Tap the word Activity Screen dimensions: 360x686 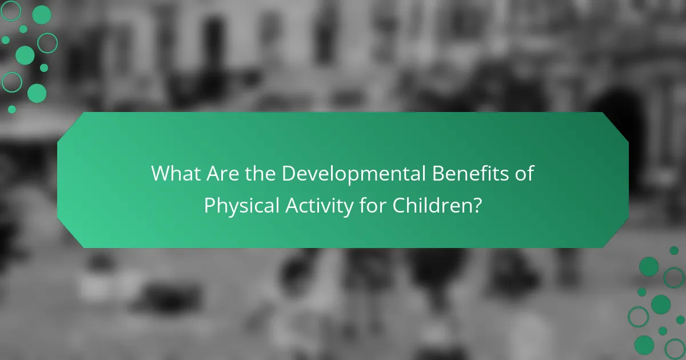(312, 205)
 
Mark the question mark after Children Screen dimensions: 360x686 (475, 205)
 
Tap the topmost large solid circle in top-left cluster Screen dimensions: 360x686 (41, 15)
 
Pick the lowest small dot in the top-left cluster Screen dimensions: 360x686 (12, 109)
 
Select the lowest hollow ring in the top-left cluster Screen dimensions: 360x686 (11, 82)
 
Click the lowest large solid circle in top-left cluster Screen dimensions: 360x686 (37, 93)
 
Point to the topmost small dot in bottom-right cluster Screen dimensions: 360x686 (674, 250)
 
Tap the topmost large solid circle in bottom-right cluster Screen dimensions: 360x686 (649, 266)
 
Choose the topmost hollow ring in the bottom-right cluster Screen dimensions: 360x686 (674, 278)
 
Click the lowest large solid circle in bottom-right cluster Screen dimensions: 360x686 (644, 345)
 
